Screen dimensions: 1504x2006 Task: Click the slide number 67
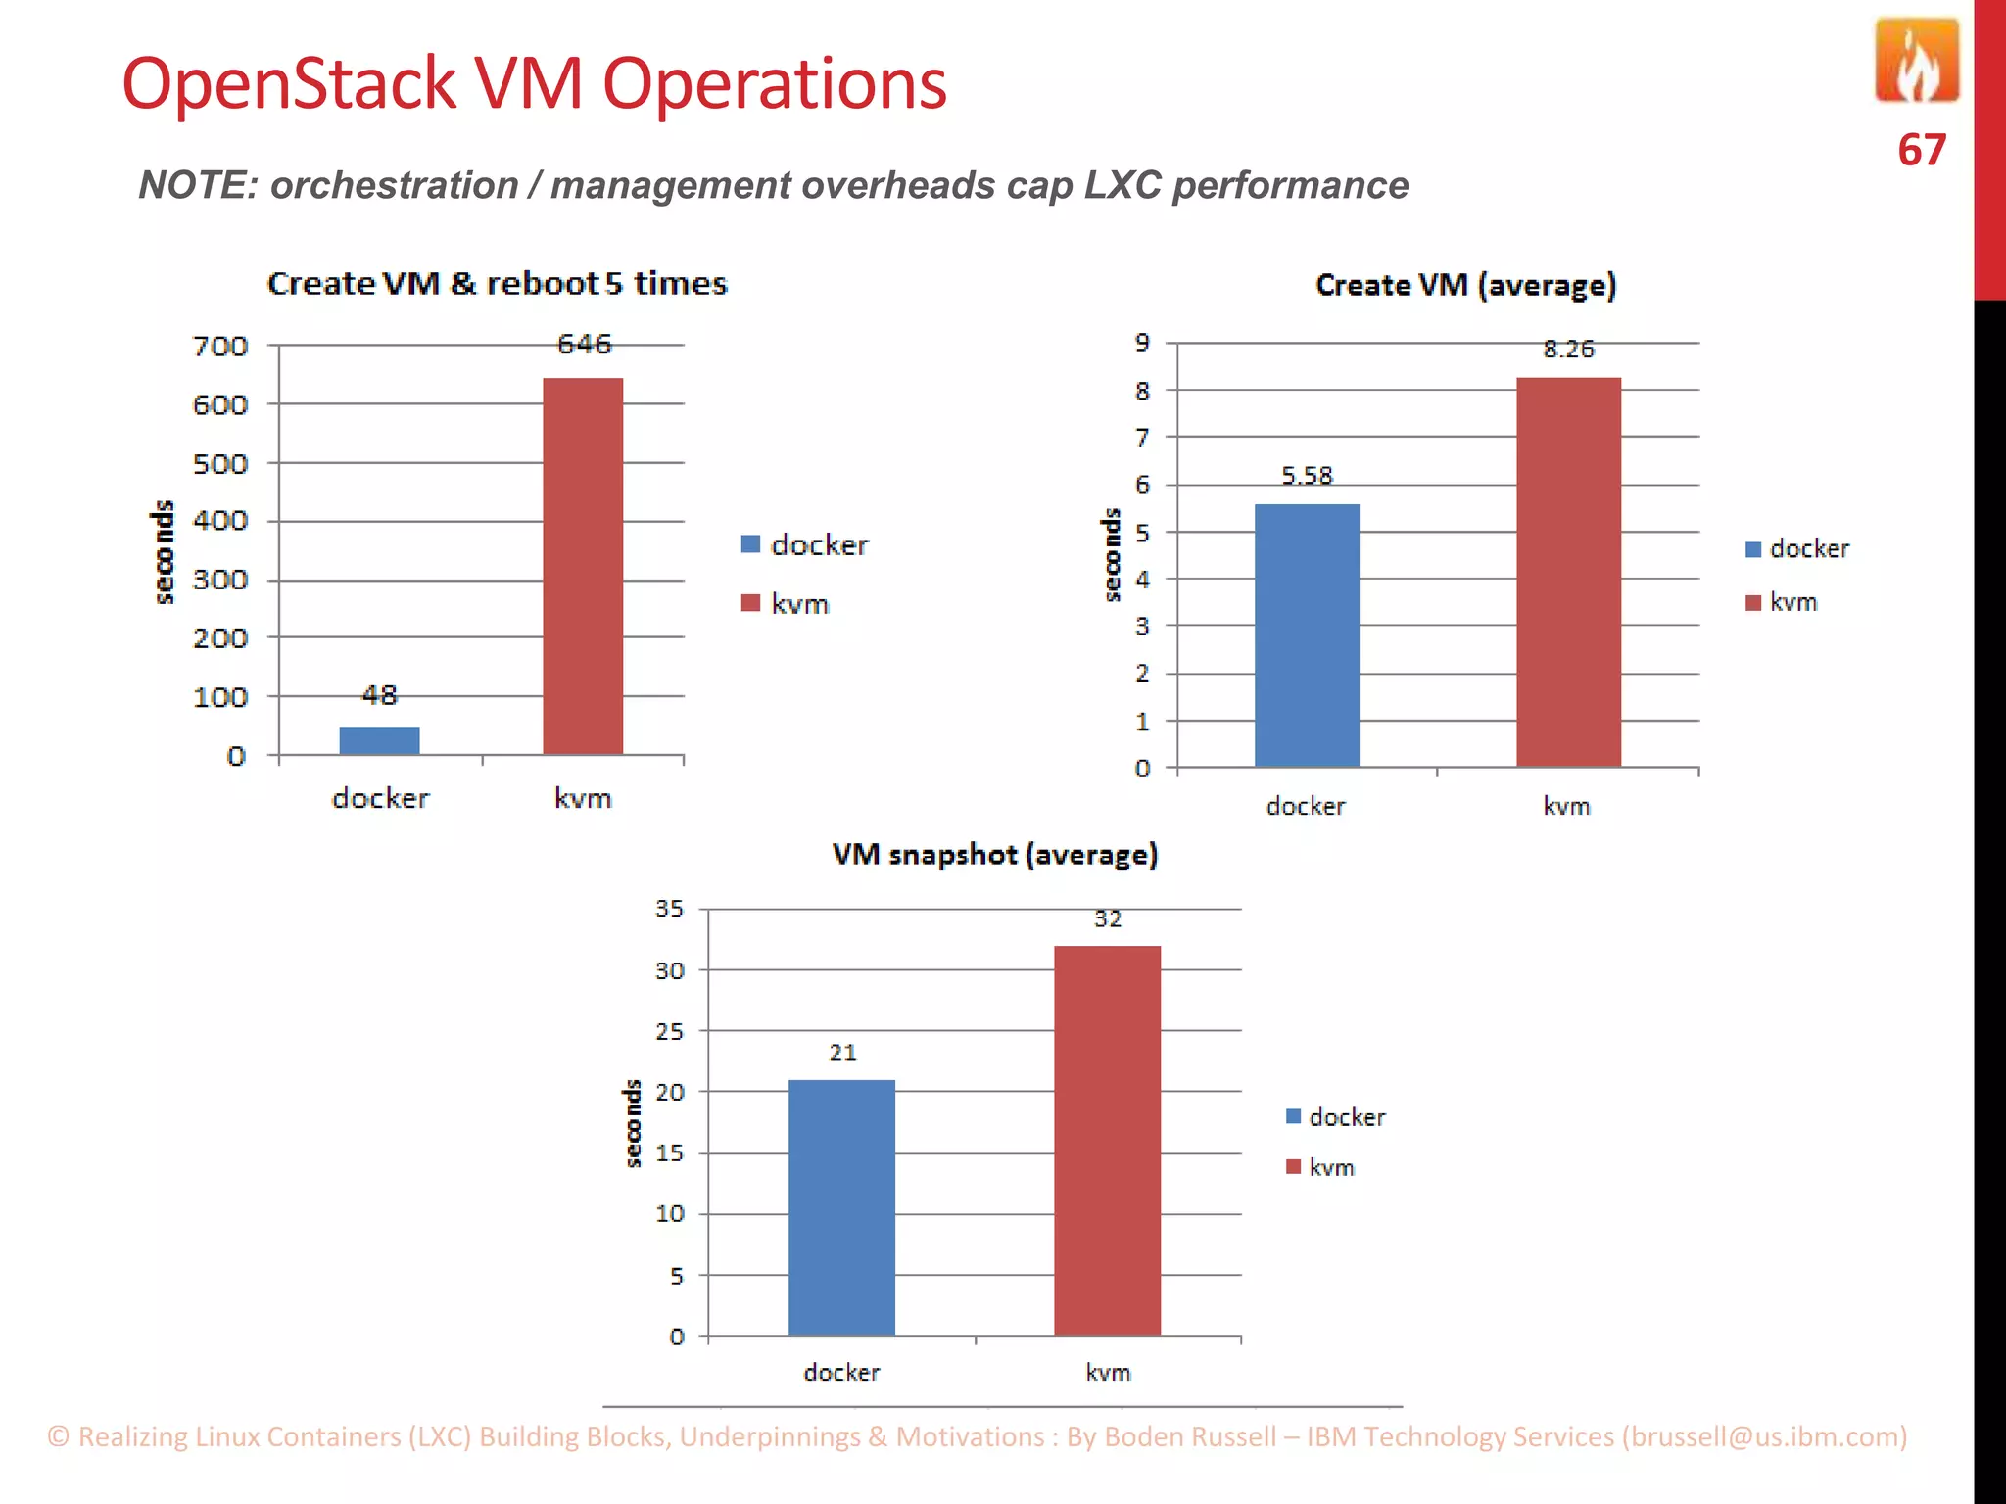point(1921,151)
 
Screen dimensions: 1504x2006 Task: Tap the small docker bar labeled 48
point(379,740)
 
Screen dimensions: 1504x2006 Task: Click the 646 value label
point(584,344)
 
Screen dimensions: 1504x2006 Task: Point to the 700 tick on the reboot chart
point(220,347)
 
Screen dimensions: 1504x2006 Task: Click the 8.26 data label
point(1568,350)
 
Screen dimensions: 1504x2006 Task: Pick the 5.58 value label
point(1307,476)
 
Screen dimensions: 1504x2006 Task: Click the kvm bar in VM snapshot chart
point(1107,1140)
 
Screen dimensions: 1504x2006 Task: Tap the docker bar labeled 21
point(841,1206)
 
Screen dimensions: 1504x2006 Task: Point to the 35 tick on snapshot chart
point(670,909)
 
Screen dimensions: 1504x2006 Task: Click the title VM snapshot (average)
point(994,855)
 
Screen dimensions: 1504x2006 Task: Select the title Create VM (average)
point(1465,285)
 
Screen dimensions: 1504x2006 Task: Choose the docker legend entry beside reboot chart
point(805,544)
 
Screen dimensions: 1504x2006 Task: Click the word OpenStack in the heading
point(289,84)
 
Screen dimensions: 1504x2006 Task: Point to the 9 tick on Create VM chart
point(1142,343)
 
